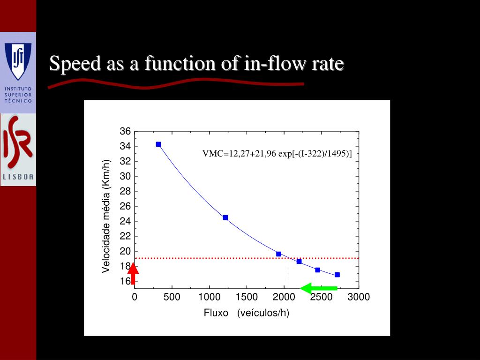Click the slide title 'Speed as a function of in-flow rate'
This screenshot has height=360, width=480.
click(x=197, y=64)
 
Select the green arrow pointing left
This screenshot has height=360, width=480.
click(x=319, y=288)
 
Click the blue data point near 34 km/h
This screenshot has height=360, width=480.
click(x=158, y=144)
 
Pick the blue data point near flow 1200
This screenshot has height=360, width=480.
click(x=225, y=217)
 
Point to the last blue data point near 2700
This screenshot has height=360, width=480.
click(x=337, y=275)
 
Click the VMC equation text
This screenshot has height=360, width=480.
click(x=277, y=154)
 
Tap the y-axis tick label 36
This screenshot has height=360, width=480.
click(x=125, y=131)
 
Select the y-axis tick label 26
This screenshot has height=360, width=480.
click(x=125, y=206)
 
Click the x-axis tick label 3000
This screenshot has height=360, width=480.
click(x=359, y=297)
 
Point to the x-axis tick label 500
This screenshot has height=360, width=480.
click(x=172, y=297)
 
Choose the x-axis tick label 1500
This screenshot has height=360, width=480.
click(x=247, y=297)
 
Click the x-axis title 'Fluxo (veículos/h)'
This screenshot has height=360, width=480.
click(x=247, y=313)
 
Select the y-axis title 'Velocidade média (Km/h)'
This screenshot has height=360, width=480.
click(x=106, y=216)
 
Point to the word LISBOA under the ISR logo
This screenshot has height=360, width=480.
click(x=18, y=177)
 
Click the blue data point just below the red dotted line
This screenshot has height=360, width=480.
click(x=299, y=262)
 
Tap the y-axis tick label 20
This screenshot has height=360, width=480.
click(x=125, y=251)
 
